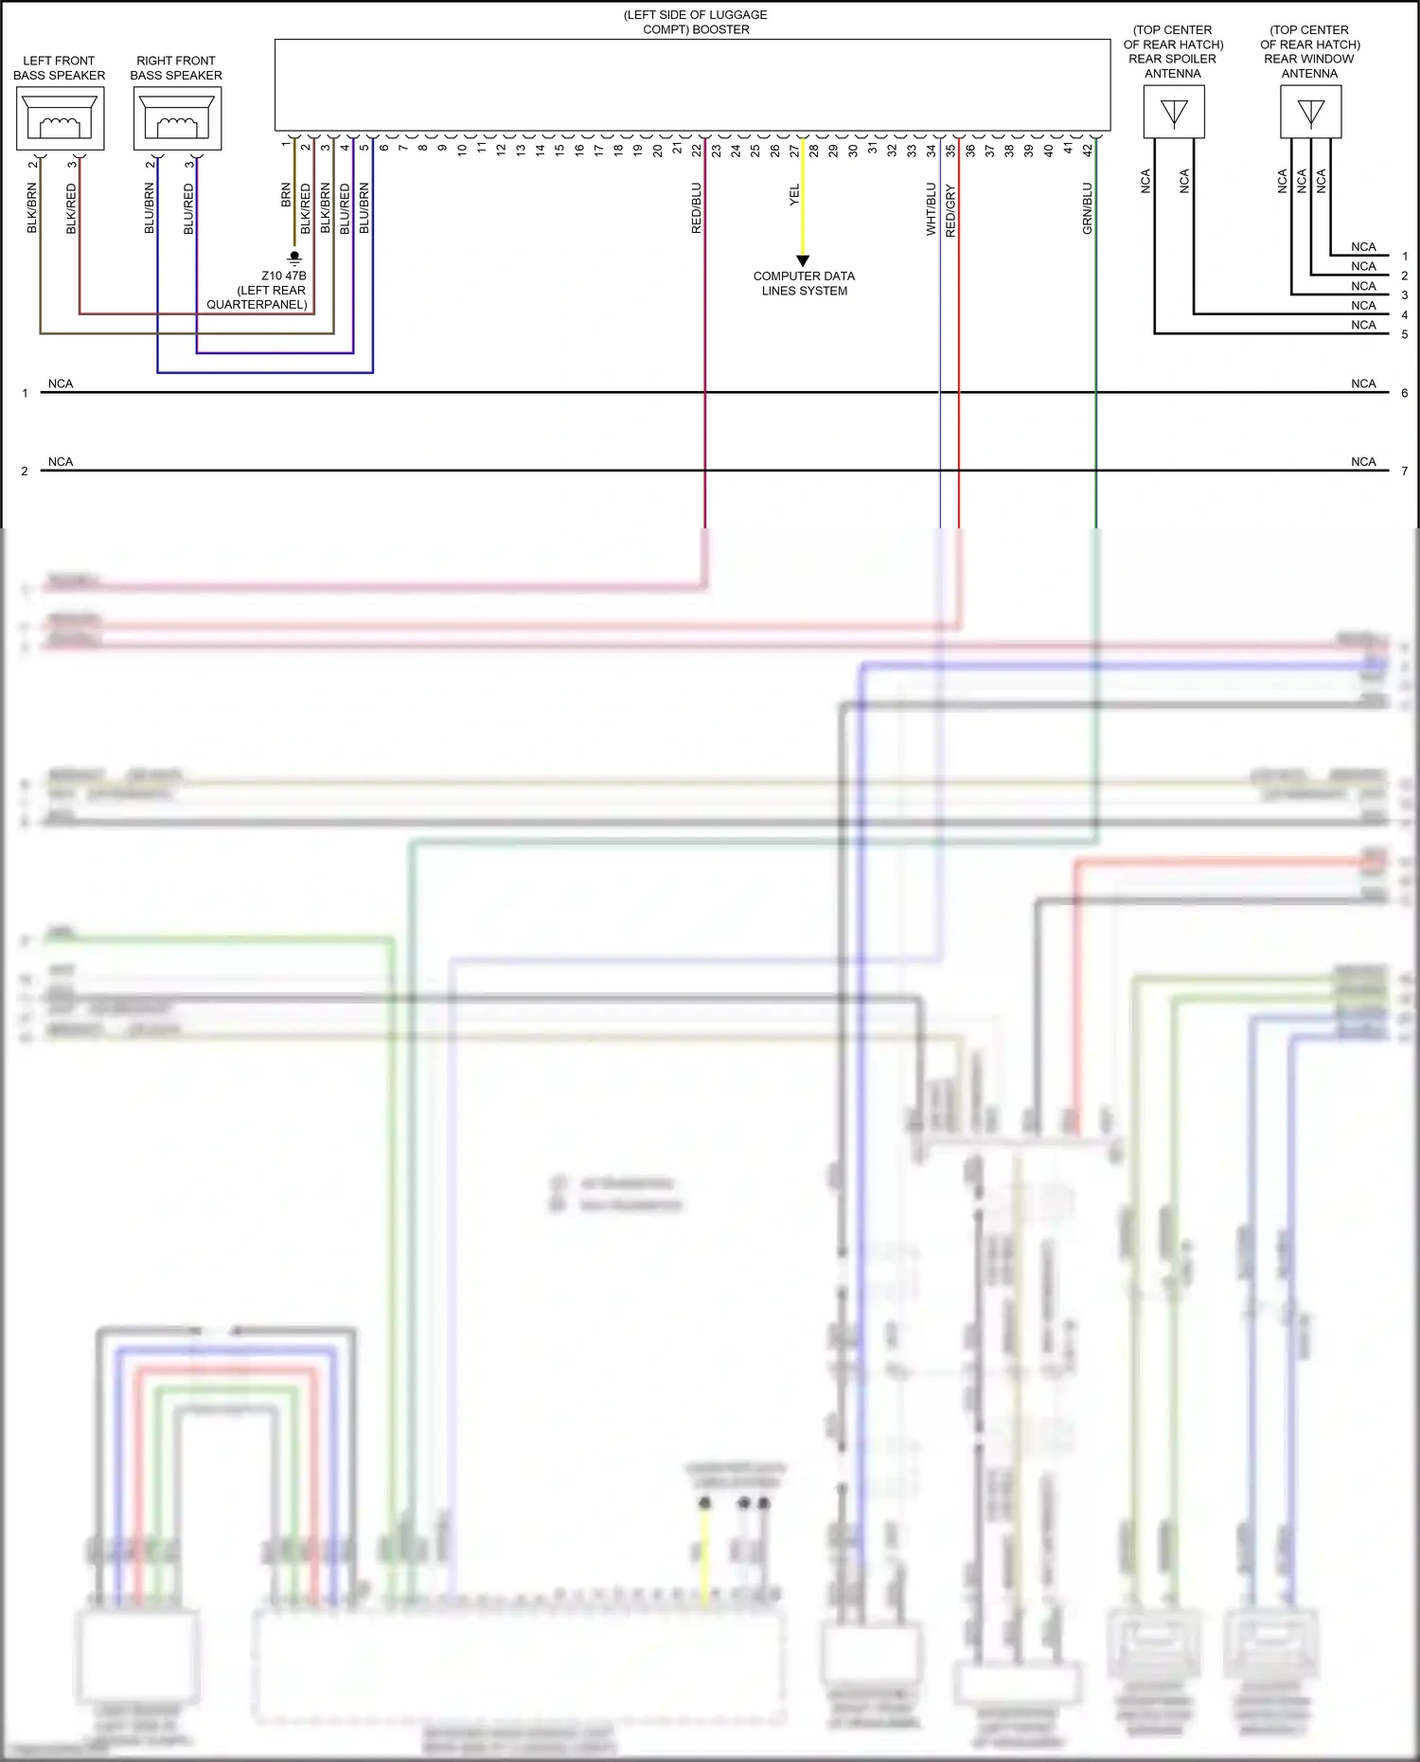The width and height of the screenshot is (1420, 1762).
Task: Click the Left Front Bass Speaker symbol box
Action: tap(60, 118)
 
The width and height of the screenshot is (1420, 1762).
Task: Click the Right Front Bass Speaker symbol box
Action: tap(177, 118)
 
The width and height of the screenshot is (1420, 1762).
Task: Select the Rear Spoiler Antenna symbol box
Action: tap(1174, 113)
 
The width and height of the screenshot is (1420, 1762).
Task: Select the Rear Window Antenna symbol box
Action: tap(1310, 113)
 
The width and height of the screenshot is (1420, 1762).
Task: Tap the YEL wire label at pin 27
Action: tap(794, 195)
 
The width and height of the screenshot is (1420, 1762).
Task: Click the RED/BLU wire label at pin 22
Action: tap(697, 208)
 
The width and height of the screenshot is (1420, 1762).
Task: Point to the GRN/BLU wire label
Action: tap(1087, 208)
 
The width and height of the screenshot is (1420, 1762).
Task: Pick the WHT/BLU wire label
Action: tap(931, 208)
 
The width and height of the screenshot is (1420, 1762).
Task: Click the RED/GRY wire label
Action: tap(950, 210)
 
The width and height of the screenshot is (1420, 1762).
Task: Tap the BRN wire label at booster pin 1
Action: tap(286, 195)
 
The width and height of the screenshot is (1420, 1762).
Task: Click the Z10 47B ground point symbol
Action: tap(294, 257)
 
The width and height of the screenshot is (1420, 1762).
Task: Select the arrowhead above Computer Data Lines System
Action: tap(803, 260)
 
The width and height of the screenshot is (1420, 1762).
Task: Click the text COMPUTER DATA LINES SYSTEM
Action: tap(804, 283)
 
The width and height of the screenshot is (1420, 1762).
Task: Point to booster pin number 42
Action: tap(1088, 149)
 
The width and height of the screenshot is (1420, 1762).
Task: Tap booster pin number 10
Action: tap(462, 149)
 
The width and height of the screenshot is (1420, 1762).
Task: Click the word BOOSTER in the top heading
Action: tap(720, 29)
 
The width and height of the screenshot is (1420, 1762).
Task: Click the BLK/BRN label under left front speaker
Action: tap(32, 208)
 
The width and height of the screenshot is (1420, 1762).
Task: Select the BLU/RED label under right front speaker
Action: tap(188, 208)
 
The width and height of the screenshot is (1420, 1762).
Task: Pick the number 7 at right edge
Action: tap(1404, 471)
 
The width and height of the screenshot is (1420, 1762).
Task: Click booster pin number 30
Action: tap(853, 149)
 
